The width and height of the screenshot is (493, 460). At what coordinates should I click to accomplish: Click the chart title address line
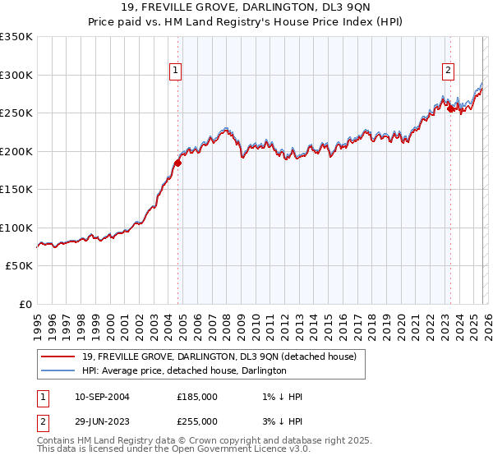[x=246, y=8]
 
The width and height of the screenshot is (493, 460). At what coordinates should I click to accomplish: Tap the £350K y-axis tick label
[x=16, y=37]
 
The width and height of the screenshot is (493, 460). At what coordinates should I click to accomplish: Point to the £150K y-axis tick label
[x=16, y=189]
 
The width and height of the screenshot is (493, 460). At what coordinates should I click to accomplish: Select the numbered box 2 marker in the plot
[x=449, y=71]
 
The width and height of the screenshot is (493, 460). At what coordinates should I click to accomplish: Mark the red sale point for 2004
[x=177, y=163]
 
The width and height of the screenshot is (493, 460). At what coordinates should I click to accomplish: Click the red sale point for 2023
[x=449, y=109]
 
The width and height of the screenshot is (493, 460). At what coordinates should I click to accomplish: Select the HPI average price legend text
[x=184, y=370]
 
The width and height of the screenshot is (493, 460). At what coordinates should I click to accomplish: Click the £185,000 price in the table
[x=197, y=396]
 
